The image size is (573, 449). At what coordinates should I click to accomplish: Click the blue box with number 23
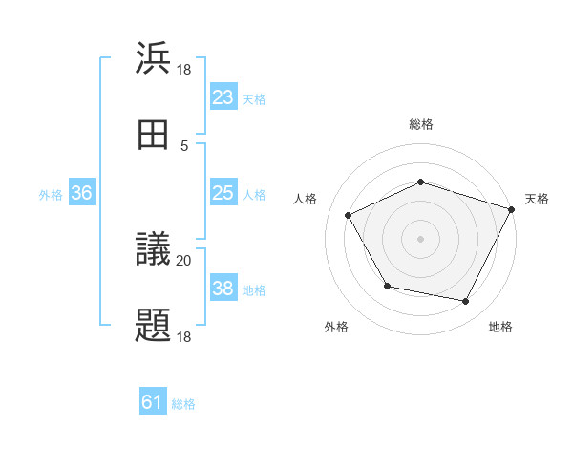coord(223,96)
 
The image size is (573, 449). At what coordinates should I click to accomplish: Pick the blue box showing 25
coord(223,193)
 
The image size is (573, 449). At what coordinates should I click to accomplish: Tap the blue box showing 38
coord(223,289)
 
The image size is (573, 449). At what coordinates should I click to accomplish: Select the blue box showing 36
coord(82,193)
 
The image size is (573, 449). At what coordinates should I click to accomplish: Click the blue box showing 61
coord(153,403)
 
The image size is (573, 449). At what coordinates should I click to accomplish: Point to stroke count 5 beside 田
coord(184,145)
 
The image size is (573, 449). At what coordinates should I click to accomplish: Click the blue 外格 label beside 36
coord(51,194)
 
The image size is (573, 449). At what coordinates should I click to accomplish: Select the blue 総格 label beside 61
coord(183,404)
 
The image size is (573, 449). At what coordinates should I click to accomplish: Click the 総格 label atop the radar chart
coord(421,124)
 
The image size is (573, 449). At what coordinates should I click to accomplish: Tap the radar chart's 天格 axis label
coord(537,199)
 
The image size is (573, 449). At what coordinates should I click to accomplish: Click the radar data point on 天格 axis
coord(511,209)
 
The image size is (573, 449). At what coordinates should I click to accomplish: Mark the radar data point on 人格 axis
coord(349,216)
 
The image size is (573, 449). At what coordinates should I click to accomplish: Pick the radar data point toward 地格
coord(465,302)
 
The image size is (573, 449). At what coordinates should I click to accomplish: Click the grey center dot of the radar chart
coord(420,239)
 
